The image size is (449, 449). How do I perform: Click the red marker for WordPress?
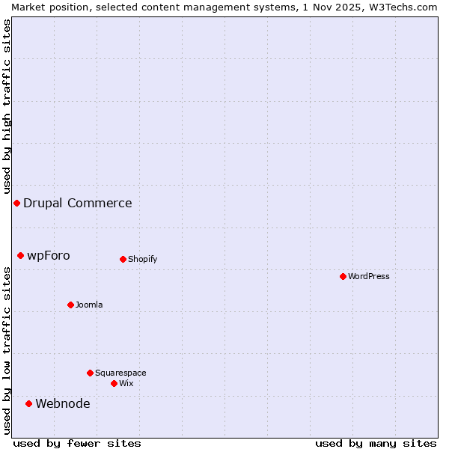click(343, 276)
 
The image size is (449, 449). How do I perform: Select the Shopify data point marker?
click(123, 259)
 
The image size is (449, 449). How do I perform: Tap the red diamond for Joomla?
click(70, 305)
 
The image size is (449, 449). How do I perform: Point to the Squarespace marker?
click(90, 373)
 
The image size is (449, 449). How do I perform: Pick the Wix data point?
click(114, 383)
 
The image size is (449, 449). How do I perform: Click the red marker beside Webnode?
click(28, 403)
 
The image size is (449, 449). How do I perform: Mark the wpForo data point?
click(20, 255)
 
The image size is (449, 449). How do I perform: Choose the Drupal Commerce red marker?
click(16, 203)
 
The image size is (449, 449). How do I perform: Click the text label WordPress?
click(369, 276)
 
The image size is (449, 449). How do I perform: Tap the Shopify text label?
click(143, 259)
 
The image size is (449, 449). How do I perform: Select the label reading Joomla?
click(89, 305)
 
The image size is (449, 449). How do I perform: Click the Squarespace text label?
click(120, 373)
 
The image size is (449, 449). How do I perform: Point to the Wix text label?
click(126, 383)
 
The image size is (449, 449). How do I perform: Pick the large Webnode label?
click(63, 403)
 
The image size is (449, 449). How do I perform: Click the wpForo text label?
click(49, 255)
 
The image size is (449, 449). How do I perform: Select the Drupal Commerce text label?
click(78, 203)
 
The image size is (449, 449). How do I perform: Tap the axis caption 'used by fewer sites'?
click(77, 443)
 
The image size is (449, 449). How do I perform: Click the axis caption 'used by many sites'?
click(376, 443)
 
